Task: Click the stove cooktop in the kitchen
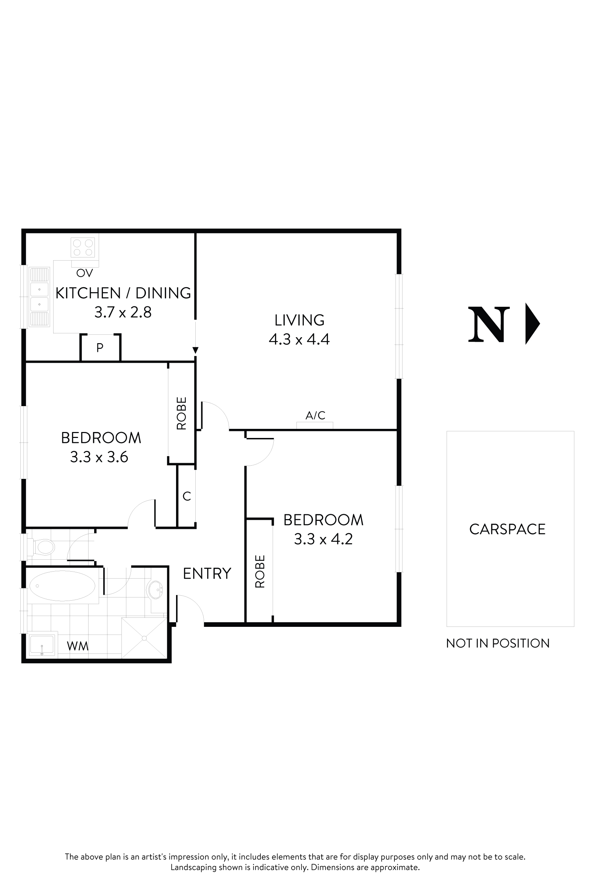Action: pyautogui.click(x=83, y=248)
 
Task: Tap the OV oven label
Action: pyautogui.click(x=84, y=273)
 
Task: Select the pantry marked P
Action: pyautogui.click(x=100, y=347)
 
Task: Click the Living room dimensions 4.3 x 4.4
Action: pyautogui.click(x=299, y=339)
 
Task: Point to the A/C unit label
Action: pyautogui.click(x=315, y=415)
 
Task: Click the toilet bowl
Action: pyautogui.click(x=44, y=547)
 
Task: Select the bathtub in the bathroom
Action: pyautogui.click(x=62, y=586)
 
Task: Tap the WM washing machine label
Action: pyautogui.click(x=77, y=646)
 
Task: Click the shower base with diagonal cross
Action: pyautogui.click(x=144, y=638)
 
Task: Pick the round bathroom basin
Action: pyautogui.click(x=155, y=590)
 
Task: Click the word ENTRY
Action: pyautogui.click(x=207, y=573)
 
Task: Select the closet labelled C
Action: pyautogui.click(x=187, y=496)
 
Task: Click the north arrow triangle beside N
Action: pyautogui.click(x=532, y=324)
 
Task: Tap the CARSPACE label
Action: pyautogui.click(x=507, y=529)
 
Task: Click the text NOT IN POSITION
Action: pyautogui.click(x=497, y=643)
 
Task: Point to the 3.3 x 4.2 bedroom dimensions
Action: pyautogui.click(x=323, y=539)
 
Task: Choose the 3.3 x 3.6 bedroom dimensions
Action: pyautogui.click(x=99, y=457)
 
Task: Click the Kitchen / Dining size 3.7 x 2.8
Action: pyautogui.click(x=123, y=312)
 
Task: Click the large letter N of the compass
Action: pyautogui.click(x=488, y=324)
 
